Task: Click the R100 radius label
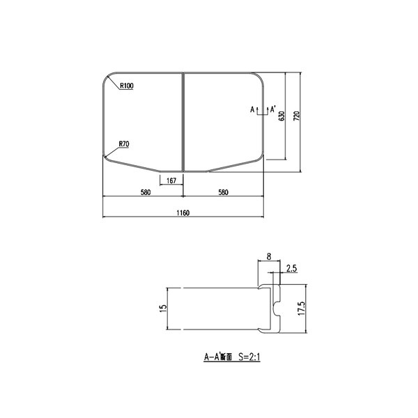127,86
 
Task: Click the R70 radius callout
124,144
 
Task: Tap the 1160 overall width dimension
183,212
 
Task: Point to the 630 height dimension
281,116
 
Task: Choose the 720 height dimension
297,116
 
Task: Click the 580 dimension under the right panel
223,192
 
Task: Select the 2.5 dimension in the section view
292,268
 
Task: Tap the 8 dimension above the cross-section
269,257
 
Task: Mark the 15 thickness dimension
162,307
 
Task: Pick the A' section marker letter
274,108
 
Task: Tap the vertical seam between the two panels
183,118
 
